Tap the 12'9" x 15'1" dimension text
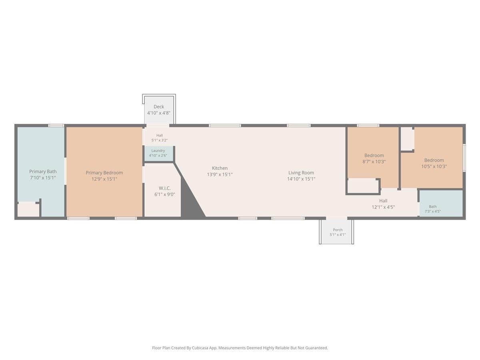click(x=104, y=179)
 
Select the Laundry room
click(x=158, y=154)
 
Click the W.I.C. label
click(x=165, y=188)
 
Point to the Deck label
click(x=159, y=107)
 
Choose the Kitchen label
click(x=220, y=168)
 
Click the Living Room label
click(x=301, y=173)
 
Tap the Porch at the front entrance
click(x=336, y=232)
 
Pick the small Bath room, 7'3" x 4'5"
click(x=441, y=203)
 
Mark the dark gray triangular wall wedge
click(x=190, y=201)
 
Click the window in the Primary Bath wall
click(x=56, y=126)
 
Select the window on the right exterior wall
click(x=464, y=157)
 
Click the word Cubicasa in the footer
click(x=200, y=348)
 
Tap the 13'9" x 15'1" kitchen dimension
click(x=220, y=174)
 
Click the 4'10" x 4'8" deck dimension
click(x=159, y=113)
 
